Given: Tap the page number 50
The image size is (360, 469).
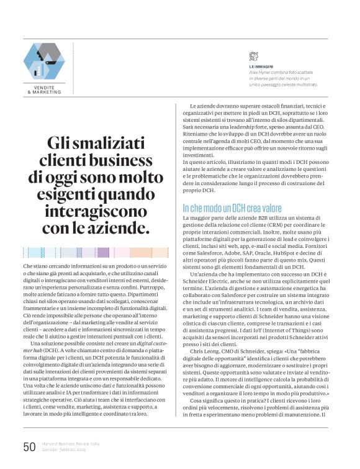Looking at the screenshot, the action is click(29, 447).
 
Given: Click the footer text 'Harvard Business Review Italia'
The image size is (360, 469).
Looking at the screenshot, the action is click(70, 444).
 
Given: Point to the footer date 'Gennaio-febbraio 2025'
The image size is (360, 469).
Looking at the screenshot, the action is click(65, 450).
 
